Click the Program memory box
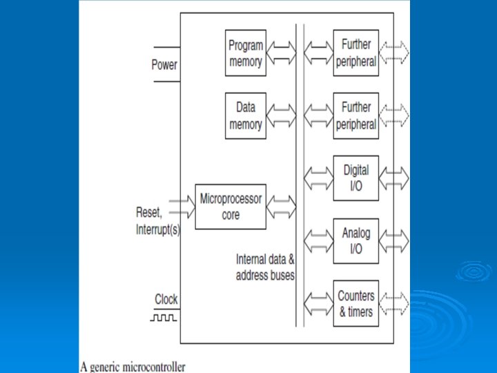pyautogui.click(x=246, y=53)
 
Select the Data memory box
pyautogui.click(x=246, y=116)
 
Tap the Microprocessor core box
pyautogui.click(x=231, y=207)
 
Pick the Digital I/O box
pyautogui.click(x=356, y=178)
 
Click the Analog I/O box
pyautogui.click(x=356, y=241)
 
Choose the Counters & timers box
pyautogui.click(x=356, y=304)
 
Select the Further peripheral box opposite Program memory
pyautogui.click(x=356, y=53)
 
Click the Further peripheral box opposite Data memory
pyautogui.click(x=356, y=116)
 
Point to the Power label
pyautogui.click(x=164, y=65)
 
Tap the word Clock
pyautogui.click(x=166, y=299)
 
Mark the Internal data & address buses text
pyautogui.click(x=266, y=267)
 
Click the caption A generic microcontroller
pyautogui.click(x=133, y=367)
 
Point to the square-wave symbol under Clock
pyautogui.click(x=165, y=318)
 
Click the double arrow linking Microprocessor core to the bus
pyautogui.click(x=281, y=205)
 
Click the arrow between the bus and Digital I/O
pyautogui.click(x=319, y=178)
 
